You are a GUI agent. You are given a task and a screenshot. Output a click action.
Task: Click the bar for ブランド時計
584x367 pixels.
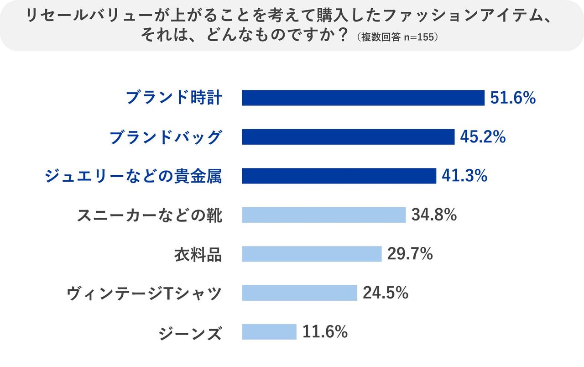point(363,98)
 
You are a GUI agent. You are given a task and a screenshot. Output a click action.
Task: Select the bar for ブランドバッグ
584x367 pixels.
point(348,137)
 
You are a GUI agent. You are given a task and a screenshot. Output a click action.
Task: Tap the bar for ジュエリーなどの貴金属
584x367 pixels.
point(339,176)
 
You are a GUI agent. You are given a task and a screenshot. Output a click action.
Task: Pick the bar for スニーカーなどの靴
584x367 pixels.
point(323,215)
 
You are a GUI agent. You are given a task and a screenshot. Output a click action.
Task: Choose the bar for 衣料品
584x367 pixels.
point(312,254)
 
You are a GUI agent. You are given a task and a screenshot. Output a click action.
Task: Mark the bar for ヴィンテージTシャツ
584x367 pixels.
point(299,293)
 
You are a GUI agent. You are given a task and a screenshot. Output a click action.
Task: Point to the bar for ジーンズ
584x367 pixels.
point(269,332)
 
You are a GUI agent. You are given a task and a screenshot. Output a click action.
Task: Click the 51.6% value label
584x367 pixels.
point(513,98)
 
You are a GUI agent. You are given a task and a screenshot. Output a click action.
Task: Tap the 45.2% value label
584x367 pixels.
point(483,137)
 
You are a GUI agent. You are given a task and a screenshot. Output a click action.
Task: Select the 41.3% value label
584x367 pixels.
point(464,176)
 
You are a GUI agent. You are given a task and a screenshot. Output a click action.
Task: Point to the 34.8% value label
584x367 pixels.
point(434,215)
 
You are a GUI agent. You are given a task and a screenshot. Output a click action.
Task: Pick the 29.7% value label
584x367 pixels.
point(410,254)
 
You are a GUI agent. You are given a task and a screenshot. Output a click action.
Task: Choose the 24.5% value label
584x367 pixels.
point(386,293)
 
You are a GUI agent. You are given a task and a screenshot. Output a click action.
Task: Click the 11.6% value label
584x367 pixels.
point(325,332)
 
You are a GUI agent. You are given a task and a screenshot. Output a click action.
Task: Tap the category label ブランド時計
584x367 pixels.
point(174,98)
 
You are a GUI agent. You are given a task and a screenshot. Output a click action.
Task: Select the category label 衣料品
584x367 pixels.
point(198,254)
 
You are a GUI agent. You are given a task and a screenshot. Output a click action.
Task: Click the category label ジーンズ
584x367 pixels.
point(191,332)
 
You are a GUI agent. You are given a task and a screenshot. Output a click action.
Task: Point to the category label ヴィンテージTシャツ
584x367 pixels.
point(144,293)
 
